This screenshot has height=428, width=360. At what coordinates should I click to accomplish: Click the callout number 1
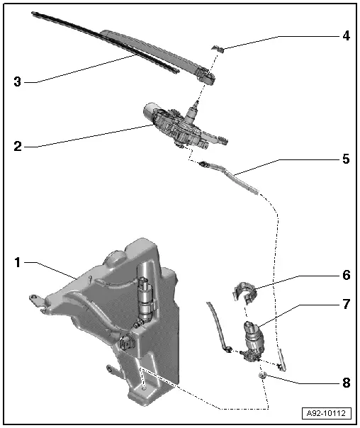(x=18, y=261)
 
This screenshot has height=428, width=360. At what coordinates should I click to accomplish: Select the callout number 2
(x=18, y=147)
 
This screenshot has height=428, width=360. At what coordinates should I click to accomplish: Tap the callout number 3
(x=18, y=81)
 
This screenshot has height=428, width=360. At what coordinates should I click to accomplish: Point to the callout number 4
(x=345, y=34)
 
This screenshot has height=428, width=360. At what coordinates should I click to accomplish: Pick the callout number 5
(x=345, y=159)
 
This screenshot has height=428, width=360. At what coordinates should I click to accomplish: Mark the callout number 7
(x=345, y=305)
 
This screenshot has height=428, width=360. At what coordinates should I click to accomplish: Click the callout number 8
(x=345, y=382)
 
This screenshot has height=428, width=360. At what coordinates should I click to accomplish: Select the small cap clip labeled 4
(x=219, y=48)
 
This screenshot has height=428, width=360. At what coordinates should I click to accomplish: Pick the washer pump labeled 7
(x=253, y=337)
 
